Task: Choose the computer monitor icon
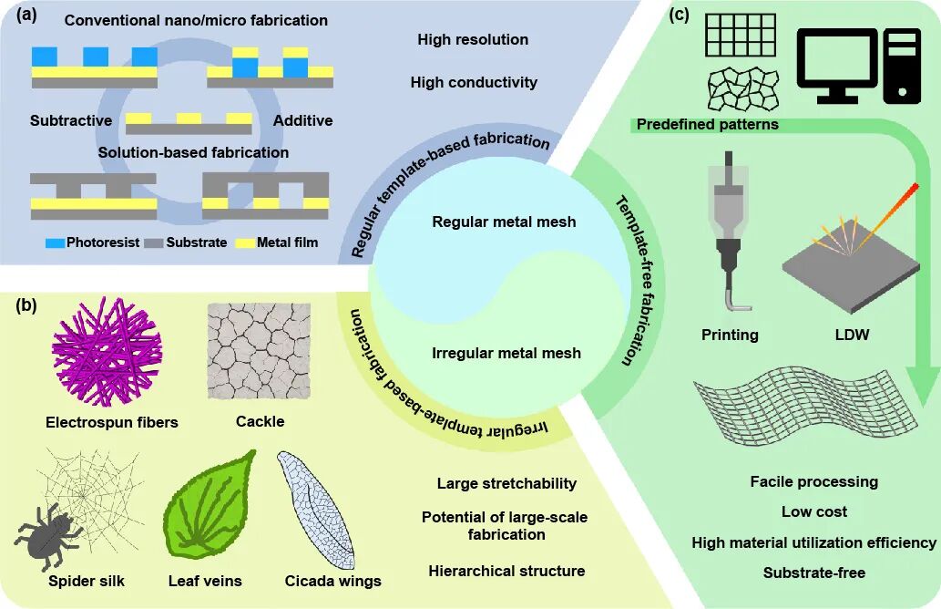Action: pyautogui.click(x=837, y=64)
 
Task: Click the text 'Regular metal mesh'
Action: pyautogui.click(x=504, y=222)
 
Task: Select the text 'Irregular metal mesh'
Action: pyautogui.click(x=506, y=353)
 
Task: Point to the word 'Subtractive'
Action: pyautogui.click(x=71, y=120)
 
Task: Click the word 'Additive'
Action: pyautogui.click(x=302, y=120)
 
